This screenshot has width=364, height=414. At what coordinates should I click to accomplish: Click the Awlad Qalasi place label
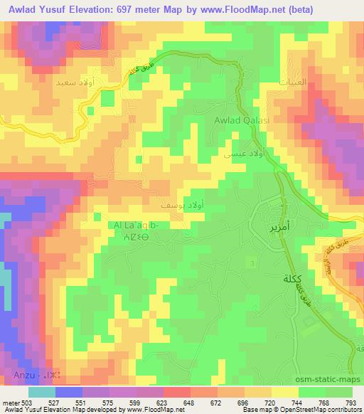tap(242, 121)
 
